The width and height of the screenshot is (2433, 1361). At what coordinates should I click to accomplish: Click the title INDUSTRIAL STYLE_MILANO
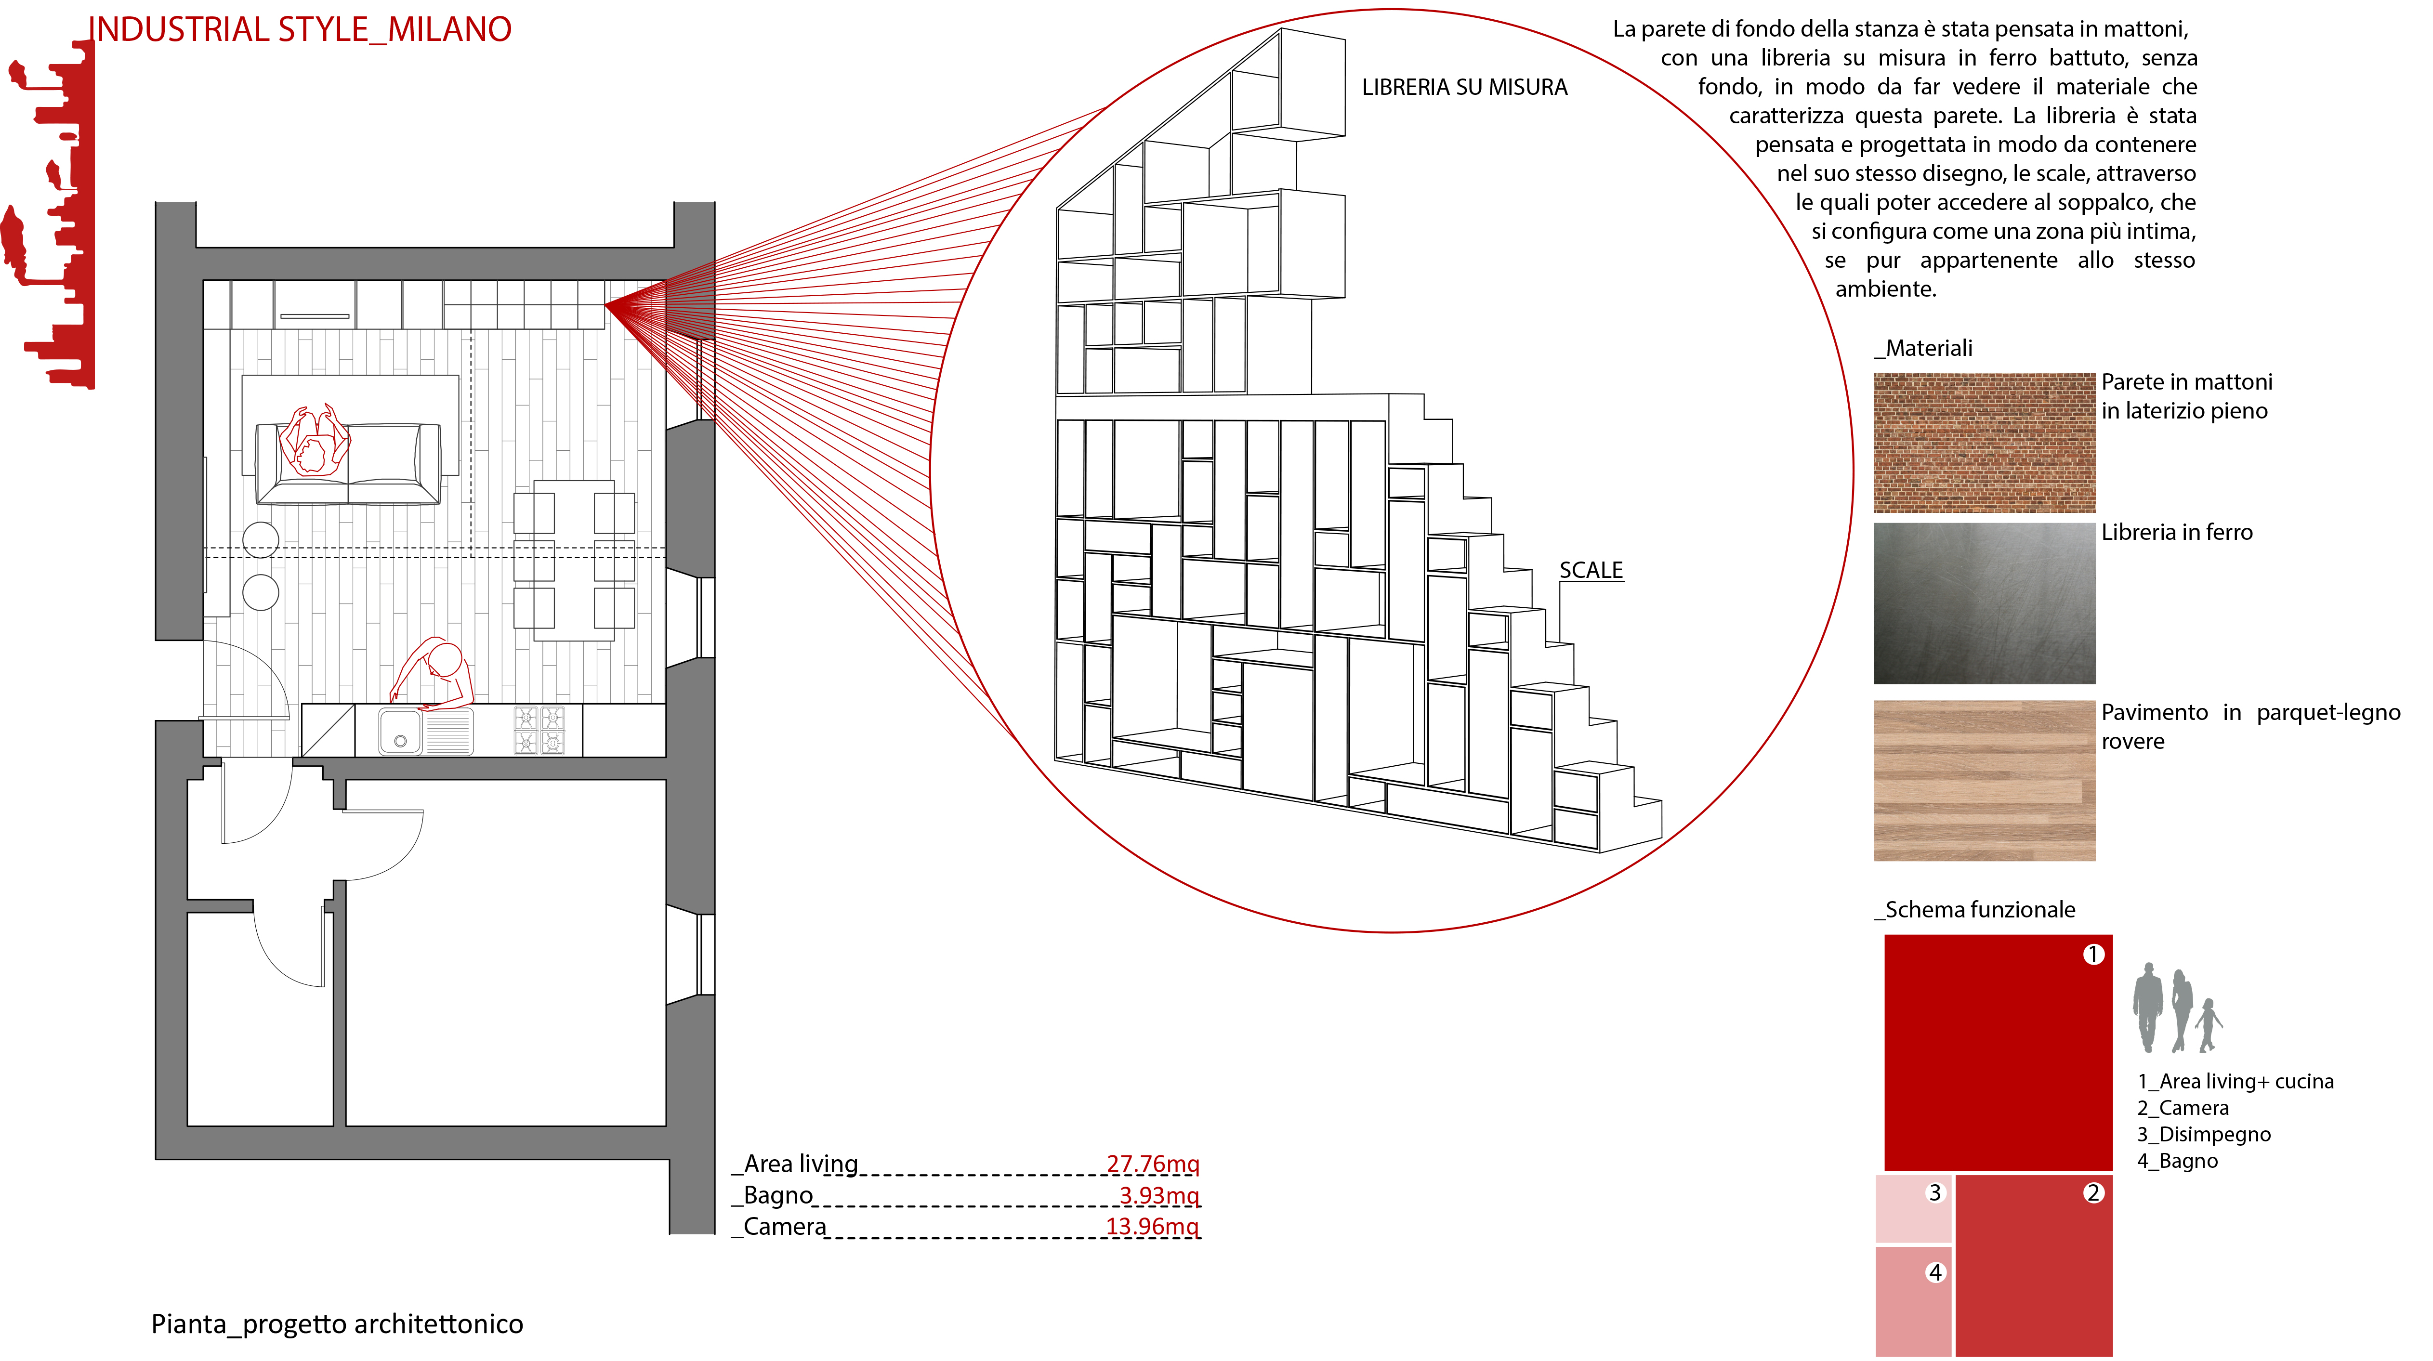pyautogui.click(x=301, y=29)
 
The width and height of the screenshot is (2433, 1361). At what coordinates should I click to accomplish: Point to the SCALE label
pyautogui.click(x=1591, y=571)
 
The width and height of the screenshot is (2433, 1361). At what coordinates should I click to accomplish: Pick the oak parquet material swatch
pyautogui.click(x=1984, y=780)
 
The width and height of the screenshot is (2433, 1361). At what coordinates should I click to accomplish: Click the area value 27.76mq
pyautogui.click(x=1152, y=1164)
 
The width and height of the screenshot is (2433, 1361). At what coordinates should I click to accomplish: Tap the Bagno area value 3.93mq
pyautogui.click(x=1159, y=1195)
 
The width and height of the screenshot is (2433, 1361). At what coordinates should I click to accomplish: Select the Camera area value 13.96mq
pyautogui.click(x=1152, y=1226)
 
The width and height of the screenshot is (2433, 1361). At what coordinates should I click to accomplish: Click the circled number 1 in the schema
pyautogui.click(x=2093, y=955)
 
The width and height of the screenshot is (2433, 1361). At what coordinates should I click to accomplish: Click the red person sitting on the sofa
pyautogui.click(x=315, y=442)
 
